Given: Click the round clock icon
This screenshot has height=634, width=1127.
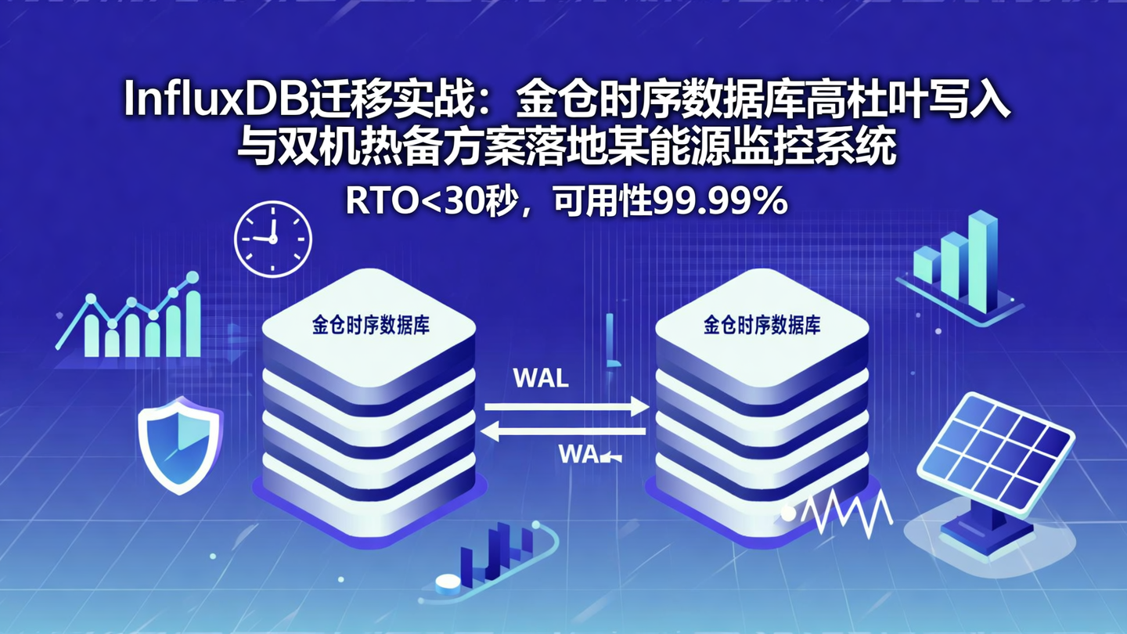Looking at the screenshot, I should [273, 238].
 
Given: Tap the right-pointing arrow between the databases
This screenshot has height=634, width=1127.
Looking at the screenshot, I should [567, 406].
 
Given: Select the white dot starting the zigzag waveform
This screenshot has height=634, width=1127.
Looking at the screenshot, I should [788, 513].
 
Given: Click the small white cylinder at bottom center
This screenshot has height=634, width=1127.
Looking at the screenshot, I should [446, 584].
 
